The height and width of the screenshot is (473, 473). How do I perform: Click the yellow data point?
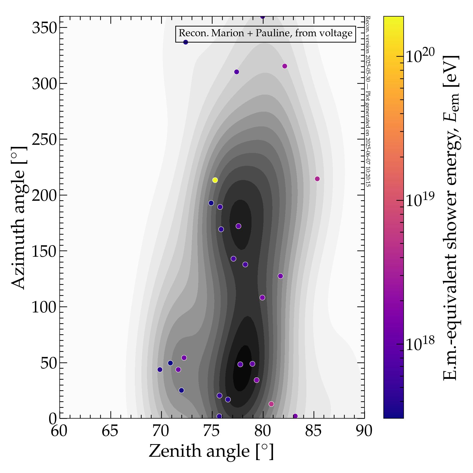215,180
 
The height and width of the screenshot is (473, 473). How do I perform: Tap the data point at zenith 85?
317,179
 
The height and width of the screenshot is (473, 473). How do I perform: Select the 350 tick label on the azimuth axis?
44,28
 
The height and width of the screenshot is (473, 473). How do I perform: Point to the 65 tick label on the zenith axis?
110,431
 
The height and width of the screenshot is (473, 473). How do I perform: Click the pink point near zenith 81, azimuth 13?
271,404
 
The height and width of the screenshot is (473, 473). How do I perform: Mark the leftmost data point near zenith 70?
160,369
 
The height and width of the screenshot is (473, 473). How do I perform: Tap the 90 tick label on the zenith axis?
364,431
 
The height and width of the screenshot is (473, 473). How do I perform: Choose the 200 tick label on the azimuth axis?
44,196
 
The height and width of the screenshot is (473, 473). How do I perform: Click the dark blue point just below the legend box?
186,42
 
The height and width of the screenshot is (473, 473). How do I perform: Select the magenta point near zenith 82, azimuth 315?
285,66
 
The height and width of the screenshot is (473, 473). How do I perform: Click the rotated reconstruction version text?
368,101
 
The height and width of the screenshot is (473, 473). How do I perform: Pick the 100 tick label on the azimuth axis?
44,307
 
